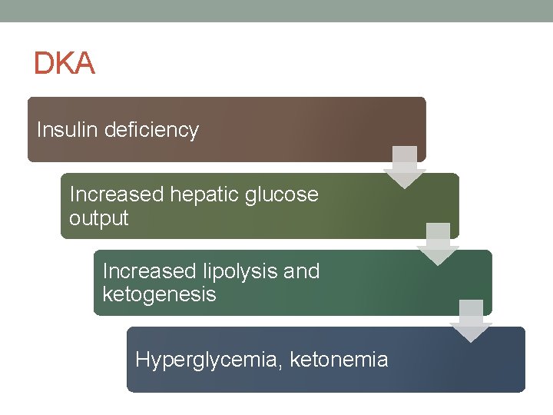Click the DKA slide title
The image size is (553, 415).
(64, 64)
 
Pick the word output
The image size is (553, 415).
(98, 218)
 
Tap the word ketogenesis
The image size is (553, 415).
(159, 294)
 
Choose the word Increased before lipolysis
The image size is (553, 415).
(150, 271)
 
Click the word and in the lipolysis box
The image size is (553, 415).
(301, 271)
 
